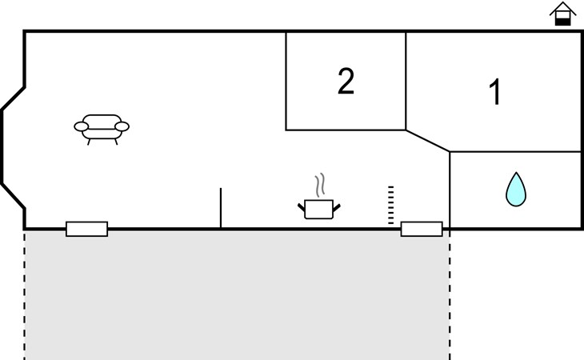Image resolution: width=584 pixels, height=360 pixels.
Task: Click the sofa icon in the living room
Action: point(102,126)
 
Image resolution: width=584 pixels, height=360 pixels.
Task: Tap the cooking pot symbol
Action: point(319,209)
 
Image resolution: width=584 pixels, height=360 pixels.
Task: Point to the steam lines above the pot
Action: point(320,186)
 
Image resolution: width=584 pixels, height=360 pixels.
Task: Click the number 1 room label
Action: point(495,93)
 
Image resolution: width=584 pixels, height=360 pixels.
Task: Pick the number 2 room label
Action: point(346,81)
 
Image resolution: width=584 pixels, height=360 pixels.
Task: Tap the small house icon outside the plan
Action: point(563,14)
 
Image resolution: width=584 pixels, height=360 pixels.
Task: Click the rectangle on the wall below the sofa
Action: point(86,229)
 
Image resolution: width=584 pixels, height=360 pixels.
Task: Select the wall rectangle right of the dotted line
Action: point(422,229)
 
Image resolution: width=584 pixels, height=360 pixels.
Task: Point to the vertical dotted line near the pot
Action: point(390,206)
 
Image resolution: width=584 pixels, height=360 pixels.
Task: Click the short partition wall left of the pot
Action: point(221,208)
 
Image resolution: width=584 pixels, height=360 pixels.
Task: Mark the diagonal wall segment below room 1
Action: point(428,140)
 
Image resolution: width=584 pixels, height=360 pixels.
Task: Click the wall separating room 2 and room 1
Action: point(406,80)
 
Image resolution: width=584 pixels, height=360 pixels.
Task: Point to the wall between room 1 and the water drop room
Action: point(514,151)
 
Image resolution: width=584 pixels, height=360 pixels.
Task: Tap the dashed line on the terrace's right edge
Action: point(450,296)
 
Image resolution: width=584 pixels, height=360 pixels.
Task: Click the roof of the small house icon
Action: point(563,8)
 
